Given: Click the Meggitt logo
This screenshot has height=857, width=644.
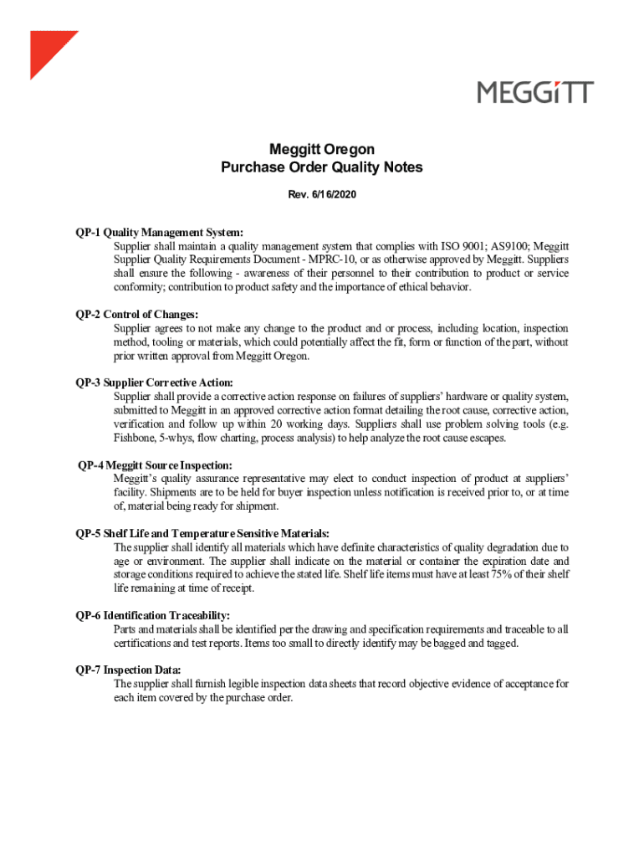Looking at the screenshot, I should (535, 92).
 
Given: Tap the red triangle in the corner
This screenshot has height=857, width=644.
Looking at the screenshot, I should (47, 49).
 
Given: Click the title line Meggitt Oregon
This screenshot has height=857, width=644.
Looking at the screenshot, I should (322, 149).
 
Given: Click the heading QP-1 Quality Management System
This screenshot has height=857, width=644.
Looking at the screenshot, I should (160, 232).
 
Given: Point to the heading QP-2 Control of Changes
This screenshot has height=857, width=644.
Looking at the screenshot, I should (137, 314).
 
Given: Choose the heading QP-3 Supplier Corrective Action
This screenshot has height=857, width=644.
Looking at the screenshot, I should (155, 382).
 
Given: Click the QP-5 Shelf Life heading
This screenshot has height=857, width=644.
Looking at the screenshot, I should (202, 533).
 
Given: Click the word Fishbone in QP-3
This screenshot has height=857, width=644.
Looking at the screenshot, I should (136, 438).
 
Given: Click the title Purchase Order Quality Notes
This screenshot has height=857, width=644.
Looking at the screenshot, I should (322, 167).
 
